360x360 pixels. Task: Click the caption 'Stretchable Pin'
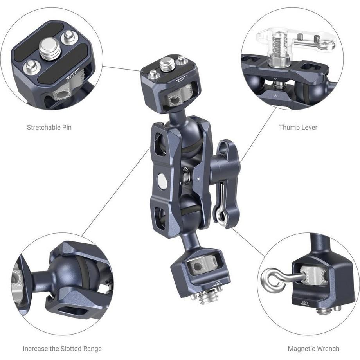click(x=49, y=127)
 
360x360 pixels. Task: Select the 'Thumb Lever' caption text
click(x=298, y=127)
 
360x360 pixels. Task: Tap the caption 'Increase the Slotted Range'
click(x=62, y=348)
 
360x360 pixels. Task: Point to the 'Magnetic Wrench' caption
click(x=313, y=348)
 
